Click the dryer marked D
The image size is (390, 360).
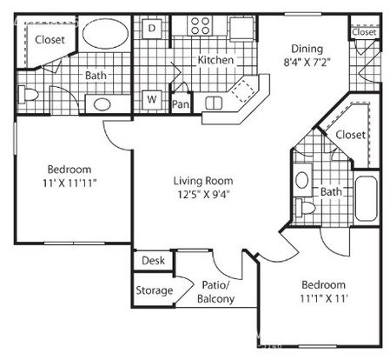[x=152, y=28]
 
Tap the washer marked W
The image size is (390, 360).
[x=152, y=100]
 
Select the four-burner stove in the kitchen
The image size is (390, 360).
[x=201, y=25]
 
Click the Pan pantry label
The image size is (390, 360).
[x=181, y=104]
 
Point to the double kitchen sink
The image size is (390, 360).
[x=214, y=103]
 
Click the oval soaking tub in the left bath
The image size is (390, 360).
[x=105, y=34]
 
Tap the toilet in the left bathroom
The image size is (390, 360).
[x=28, y=94]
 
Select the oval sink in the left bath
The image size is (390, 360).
[x=102, y=104]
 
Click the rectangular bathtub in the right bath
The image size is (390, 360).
[x=366, y=198]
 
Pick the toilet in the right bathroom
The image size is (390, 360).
[x=305, y=207]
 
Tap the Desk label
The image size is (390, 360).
[x=153, y=261]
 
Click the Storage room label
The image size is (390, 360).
[x=155, y=290]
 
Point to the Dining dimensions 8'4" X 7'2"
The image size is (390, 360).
[x=307, y=63]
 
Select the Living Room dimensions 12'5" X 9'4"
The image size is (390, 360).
[x=203, y=194]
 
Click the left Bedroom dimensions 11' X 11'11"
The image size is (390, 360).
[x=69, y=183]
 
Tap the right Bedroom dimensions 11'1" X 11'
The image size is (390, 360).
[x=323, y=298]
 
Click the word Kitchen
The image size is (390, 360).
[x=215, y=60]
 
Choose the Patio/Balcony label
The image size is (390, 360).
[x=215, y=292]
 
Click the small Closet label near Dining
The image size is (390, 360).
[x=365, y=32]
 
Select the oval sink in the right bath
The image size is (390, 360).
[x=302, y=180]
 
